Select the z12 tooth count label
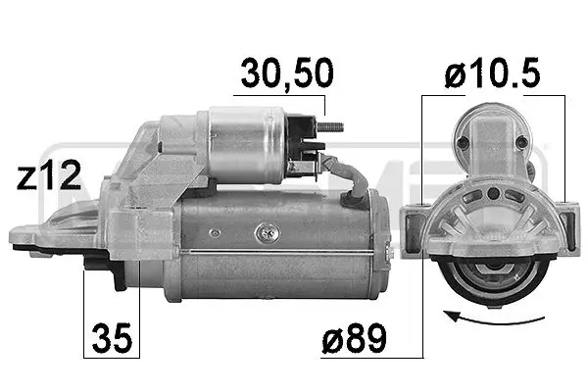coord(49,177)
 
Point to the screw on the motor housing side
coord(263,233)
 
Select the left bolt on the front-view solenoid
coord(464,143)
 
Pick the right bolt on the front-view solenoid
coord(521,143)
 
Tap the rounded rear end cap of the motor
coord(384,245)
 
